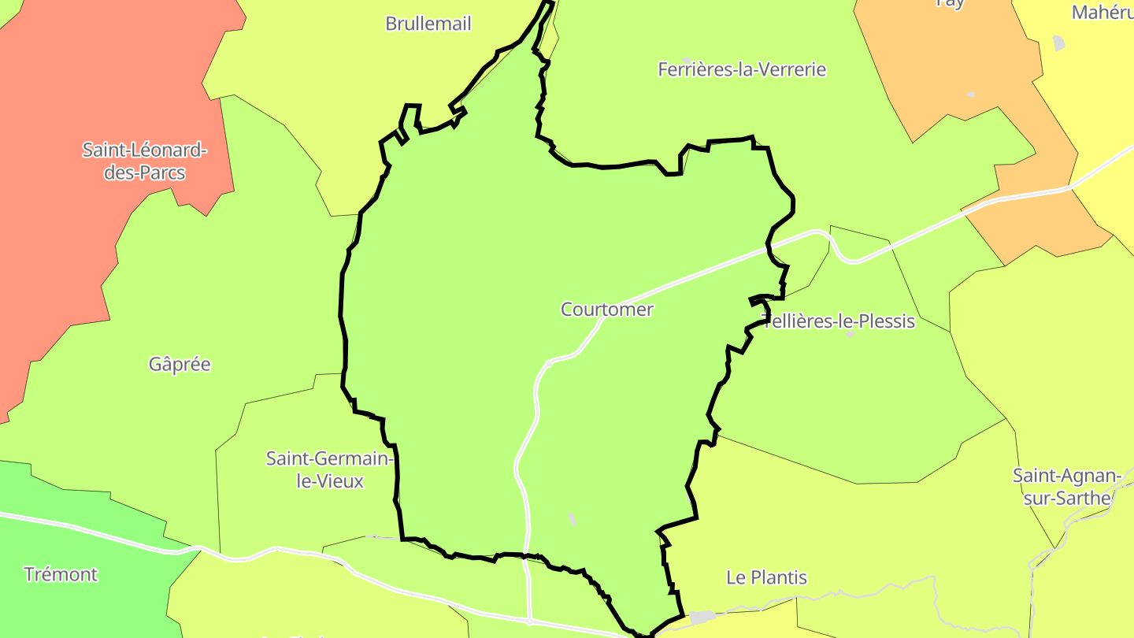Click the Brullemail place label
(x=428, y=24)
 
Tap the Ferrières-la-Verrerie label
(x=742, y=69)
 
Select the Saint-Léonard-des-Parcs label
(x=144, y=161)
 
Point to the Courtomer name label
(x=606, y=310)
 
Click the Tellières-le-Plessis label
(x=839, y=321)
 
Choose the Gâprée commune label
(x=180, y=365)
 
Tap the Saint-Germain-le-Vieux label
(x=329, y=469)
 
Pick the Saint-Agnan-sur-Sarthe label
(x=1065, y=487)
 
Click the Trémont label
(x=61, y=574)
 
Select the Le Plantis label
(x=766, y=577)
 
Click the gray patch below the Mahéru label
(x=1058, y=43)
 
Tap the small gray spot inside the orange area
(x=971, y=95)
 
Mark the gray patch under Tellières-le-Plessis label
(x=850, y=335)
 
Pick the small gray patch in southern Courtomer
(x=572, y=519)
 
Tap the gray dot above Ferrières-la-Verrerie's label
(x=687, y=59)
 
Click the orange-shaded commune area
(x=945, y=63)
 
